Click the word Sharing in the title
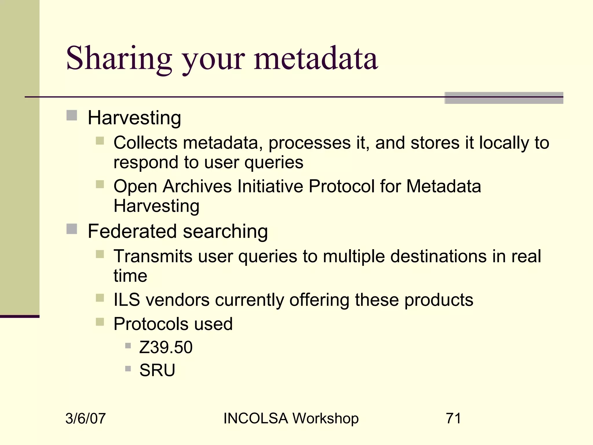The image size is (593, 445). click(119, 59)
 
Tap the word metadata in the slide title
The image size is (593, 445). click(316, 59)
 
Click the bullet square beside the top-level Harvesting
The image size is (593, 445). click(72, 115)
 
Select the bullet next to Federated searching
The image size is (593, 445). click(72, 229)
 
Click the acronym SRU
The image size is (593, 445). click(157, 370)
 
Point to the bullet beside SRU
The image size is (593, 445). click(128, 369)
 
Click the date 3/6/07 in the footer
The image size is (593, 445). click(85, 419)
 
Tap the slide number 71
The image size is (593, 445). click(453, 418)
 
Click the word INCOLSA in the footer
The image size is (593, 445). click(256, 418)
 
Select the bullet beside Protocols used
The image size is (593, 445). click(100, 322)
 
